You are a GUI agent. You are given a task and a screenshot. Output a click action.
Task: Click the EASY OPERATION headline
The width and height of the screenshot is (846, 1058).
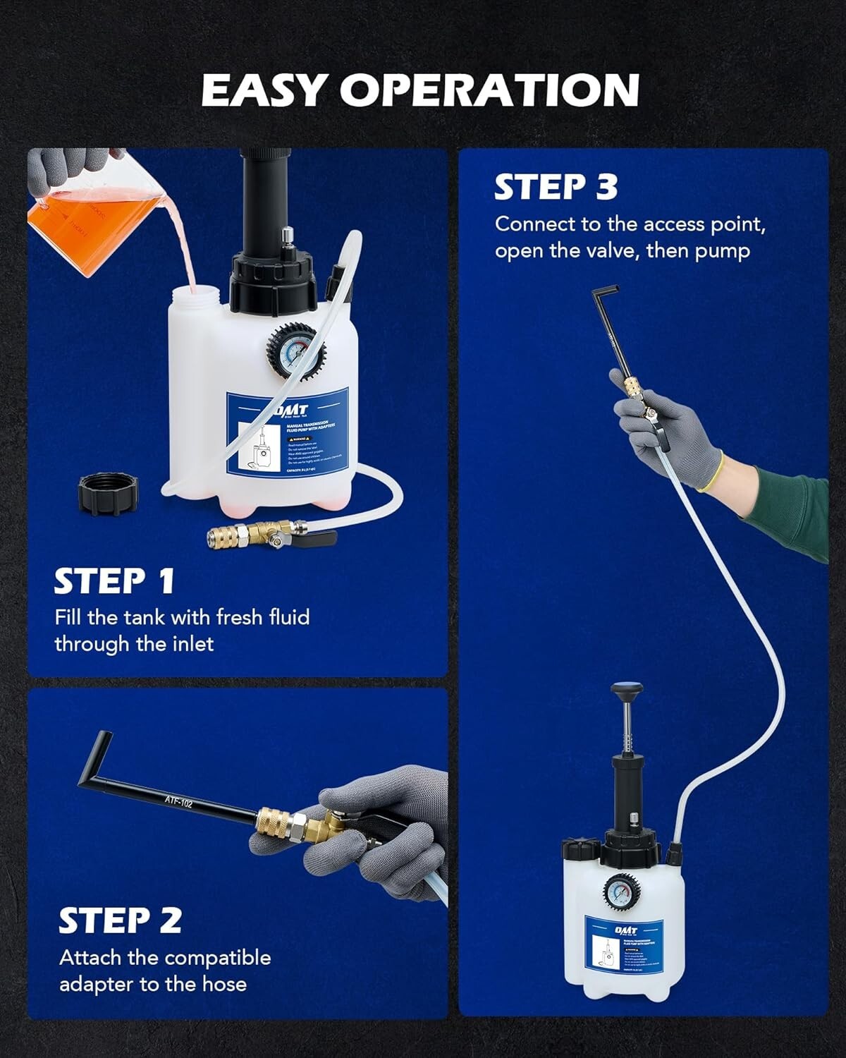pyautogui.click(x=420, y=90)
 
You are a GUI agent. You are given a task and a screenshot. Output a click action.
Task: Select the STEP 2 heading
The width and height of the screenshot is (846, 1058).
pyautogui.click(x=120, y=920)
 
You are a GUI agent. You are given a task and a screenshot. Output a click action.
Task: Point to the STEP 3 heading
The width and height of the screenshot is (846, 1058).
pyautogui.click(x=556, y=187)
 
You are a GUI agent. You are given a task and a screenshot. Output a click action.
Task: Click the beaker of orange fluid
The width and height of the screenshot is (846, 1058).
pyautogui.click(x=67, y=212)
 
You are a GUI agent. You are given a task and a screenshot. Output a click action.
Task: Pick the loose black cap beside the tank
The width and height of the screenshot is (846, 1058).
pyautogui.click(x=108, y=492)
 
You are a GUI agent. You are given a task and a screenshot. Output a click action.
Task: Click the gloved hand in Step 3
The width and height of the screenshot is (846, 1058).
pyautogui.click(x=663, y=430)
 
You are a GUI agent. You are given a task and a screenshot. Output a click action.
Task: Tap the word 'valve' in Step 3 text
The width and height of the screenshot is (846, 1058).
pyautogui.click(x=611, y=251)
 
